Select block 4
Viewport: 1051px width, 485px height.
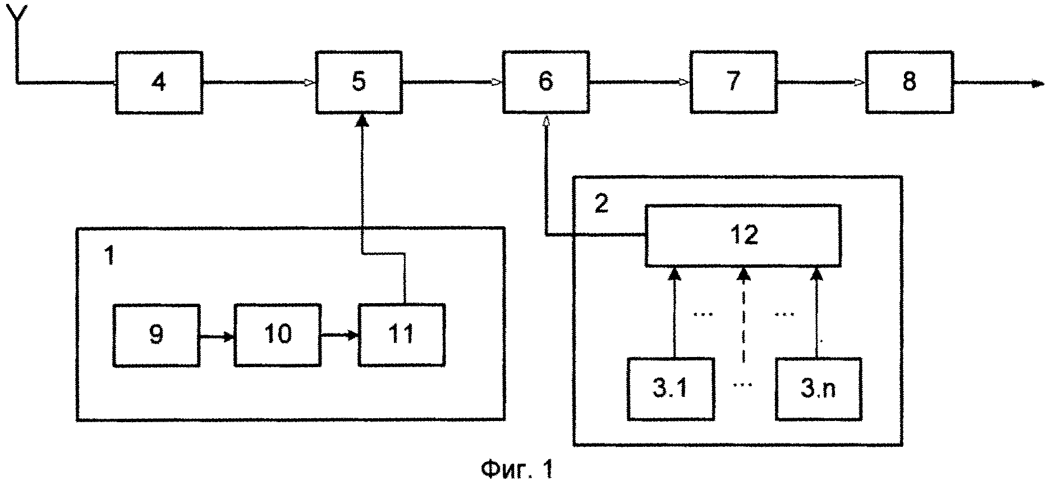pyautogui.click(x=159, y=83)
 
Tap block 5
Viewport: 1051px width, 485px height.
pyautogui.click(x=359, y=83)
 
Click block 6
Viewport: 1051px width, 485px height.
pyautogui.click(x=545, y=83)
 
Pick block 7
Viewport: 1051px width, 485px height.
pyautogui.click(x=733, y=83)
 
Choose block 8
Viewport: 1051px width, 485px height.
pyautogui.click(x=909, y=83)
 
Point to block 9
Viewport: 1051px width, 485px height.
pyautogui.click(x=157, y=335)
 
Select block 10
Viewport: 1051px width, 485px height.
pyautogui.click(x=278, y=335)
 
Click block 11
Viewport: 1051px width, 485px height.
pyautogui.click(x=402, y=335)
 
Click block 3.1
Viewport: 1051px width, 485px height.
pyautogui.click(x=671, y=388)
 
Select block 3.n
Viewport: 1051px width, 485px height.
pyautogui.click(x=819, y=388)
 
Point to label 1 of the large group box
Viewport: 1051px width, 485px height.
pyautogui.click(x=109, y=255)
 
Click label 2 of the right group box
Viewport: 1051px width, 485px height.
pyautogui.click(x=601, y=204)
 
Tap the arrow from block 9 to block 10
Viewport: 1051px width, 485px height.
pyautogui.click(x=217, y=337)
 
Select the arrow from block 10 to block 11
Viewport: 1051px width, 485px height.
pyautogui.click(x=339, y=336)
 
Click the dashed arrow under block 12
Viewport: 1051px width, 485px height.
pyautogui.click(x=743, y=314)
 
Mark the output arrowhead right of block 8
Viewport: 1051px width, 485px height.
pyautogui.click(x=1038, y=84)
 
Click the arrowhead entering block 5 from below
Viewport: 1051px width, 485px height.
pyautogui.click(x=362, y=121)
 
